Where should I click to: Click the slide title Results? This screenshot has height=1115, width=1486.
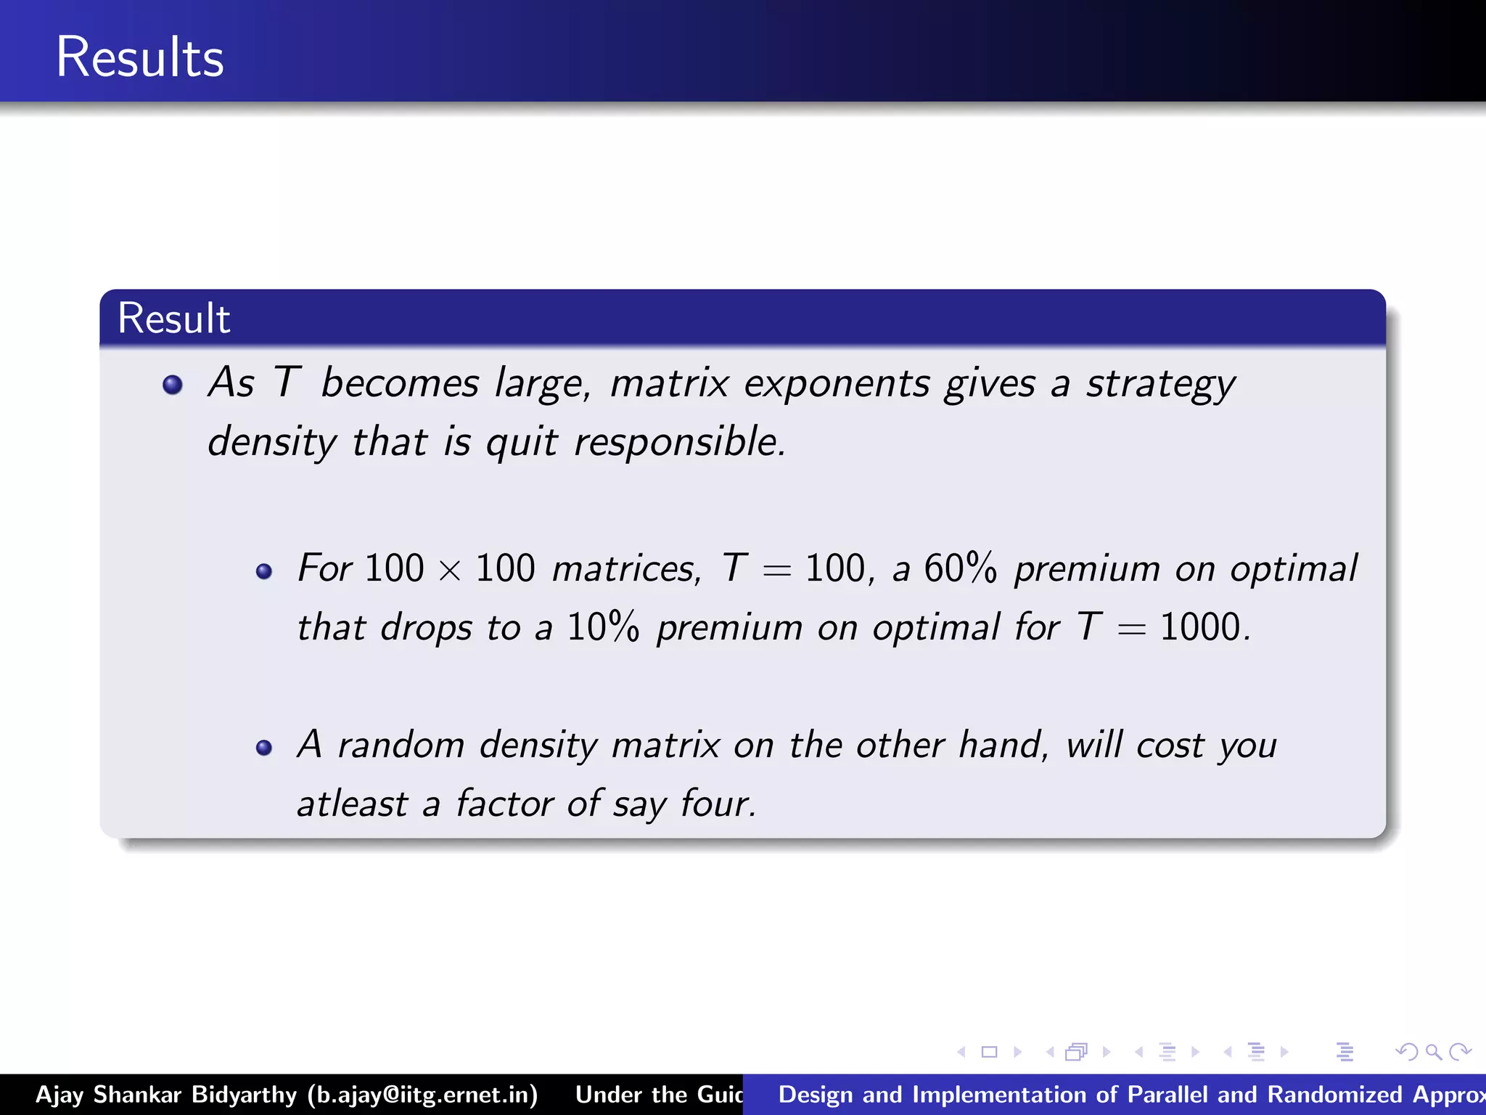click(139, 57)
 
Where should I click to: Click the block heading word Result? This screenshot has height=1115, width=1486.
click(173, 319)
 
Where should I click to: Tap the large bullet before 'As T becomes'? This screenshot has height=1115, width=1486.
click(173, 384)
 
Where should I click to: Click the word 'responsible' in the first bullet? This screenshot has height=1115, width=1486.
click(679, 442)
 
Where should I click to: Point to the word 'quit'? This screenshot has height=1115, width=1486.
click(522, 442)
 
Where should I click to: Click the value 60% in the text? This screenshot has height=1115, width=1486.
click(960, 568)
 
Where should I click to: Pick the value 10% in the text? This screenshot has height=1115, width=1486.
click(603, 627)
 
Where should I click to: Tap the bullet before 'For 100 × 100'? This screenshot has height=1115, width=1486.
click(264, 571)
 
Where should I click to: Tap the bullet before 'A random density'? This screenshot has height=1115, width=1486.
click(264, 748)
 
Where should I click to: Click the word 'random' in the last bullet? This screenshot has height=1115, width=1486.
click(401, 746)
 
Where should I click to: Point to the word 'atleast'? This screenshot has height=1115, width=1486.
click(353, 804)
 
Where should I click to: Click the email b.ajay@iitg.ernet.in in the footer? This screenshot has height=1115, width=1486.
click(422, 1095)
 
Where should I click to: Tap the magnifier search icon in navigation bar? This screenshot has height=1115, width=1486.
click(1432, 1052)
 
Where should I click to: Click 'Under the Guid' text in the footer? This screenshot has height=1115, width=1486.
click(659, 1095)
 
